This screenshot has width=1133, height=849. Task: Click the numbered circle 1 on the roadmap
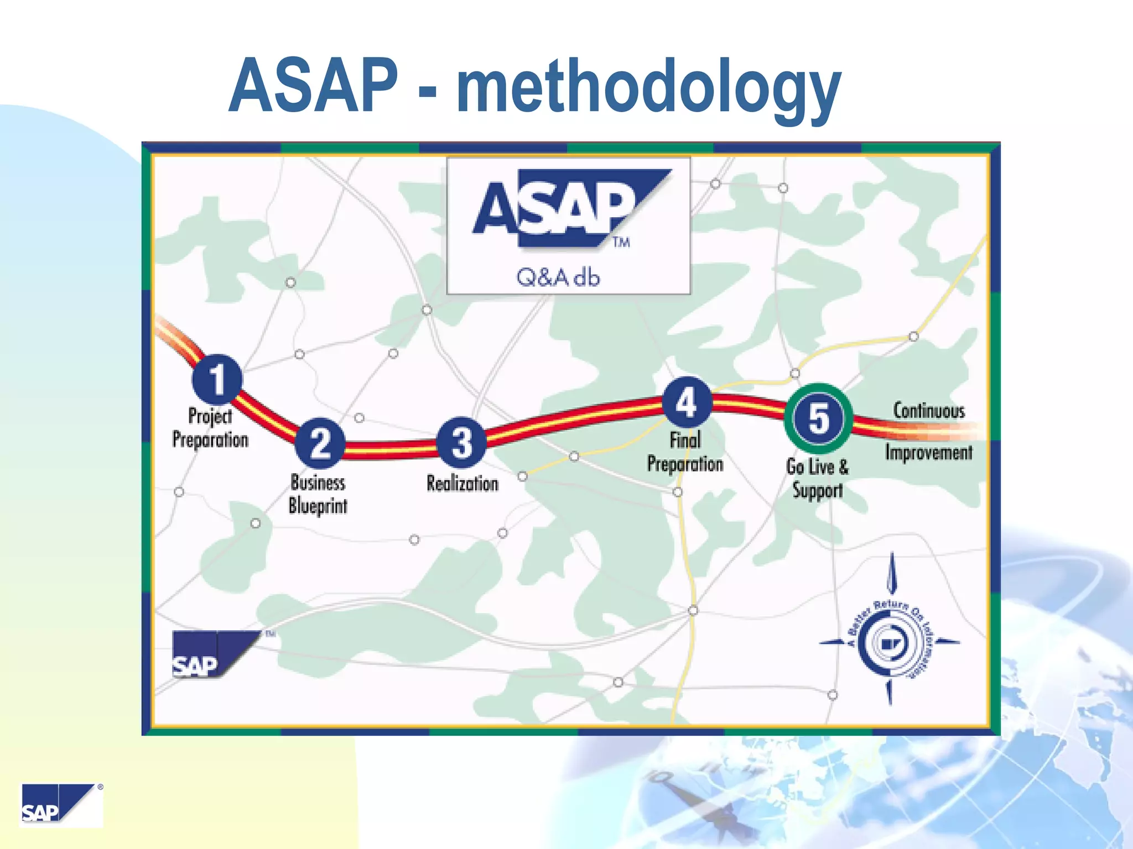click(217, 379)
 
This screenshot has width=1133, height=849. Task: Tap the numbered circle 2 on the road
click(320, 443)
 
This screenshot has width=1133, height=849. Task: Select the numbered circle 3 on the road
click(462, 443)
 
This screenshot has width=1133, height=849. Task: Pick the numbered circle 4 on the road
click(687, 402)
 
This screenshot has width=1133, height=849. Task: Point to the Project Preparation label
click(210, 428)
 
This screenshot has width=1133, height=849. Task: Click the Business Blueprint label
click(318, 494)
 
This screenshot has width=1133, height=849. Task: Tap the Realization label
click(462, 484)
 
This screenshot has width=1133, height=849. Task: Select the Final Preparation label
click(685, 452)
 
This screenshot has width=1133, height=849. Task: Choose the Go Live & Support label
click(817, 479)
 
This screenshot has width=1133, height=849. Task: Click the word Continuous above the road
click(929, 411)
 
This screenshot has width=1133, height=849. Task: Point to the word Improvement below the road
click(928, 453)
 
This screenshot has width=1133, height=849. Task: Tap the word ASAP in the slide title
click(313, 86)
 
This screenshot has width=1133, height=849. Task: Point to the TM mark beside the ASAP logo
click(621, 242)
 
